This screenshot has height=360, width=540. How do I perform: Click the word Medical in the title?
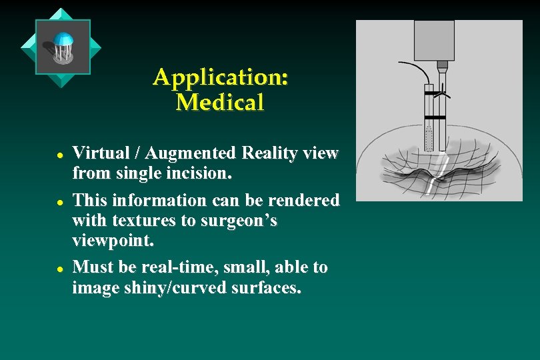coord(220,103)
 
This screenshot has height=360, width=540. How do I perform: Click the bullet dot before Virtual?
coord(59,154)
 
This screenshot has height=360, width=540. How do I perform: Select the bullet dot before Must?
coord(59,268)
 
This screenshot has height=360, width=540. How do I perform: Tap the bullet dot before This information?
coord(59,201)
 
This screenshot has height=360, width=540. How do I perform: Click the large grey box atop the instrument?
coord(434,40)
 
